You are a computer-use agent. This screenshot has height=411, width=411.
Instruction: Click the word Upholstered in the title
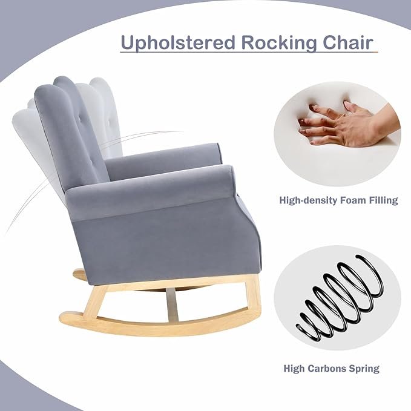pyautogui.click(x=178, y=42)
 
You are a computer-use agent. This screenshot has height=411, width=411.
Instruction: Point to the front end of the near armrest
pyautogui.click(x=229, y=181)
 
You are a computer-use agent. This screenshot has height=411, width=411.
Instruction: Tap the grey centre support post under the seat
pyautogui.click(x=173, y=305)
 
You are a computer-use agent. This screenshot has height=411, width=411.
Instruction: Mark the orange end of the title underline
pyautogui.click(x=376, y=52)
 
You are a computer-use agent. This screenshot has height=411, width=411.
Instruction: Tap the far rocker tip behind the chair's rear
pyautogui.click(x=79, y=274)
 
